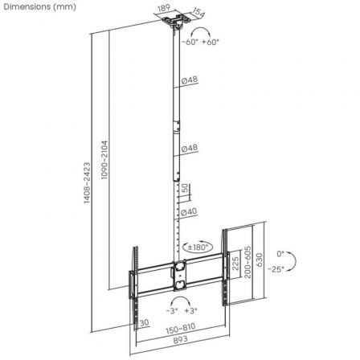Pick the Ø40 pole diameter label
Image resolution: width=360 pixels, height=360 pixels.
click(x=190, y=211)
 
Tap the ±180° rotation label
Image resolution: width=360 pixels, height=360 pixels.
click(x=198, y=247)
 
